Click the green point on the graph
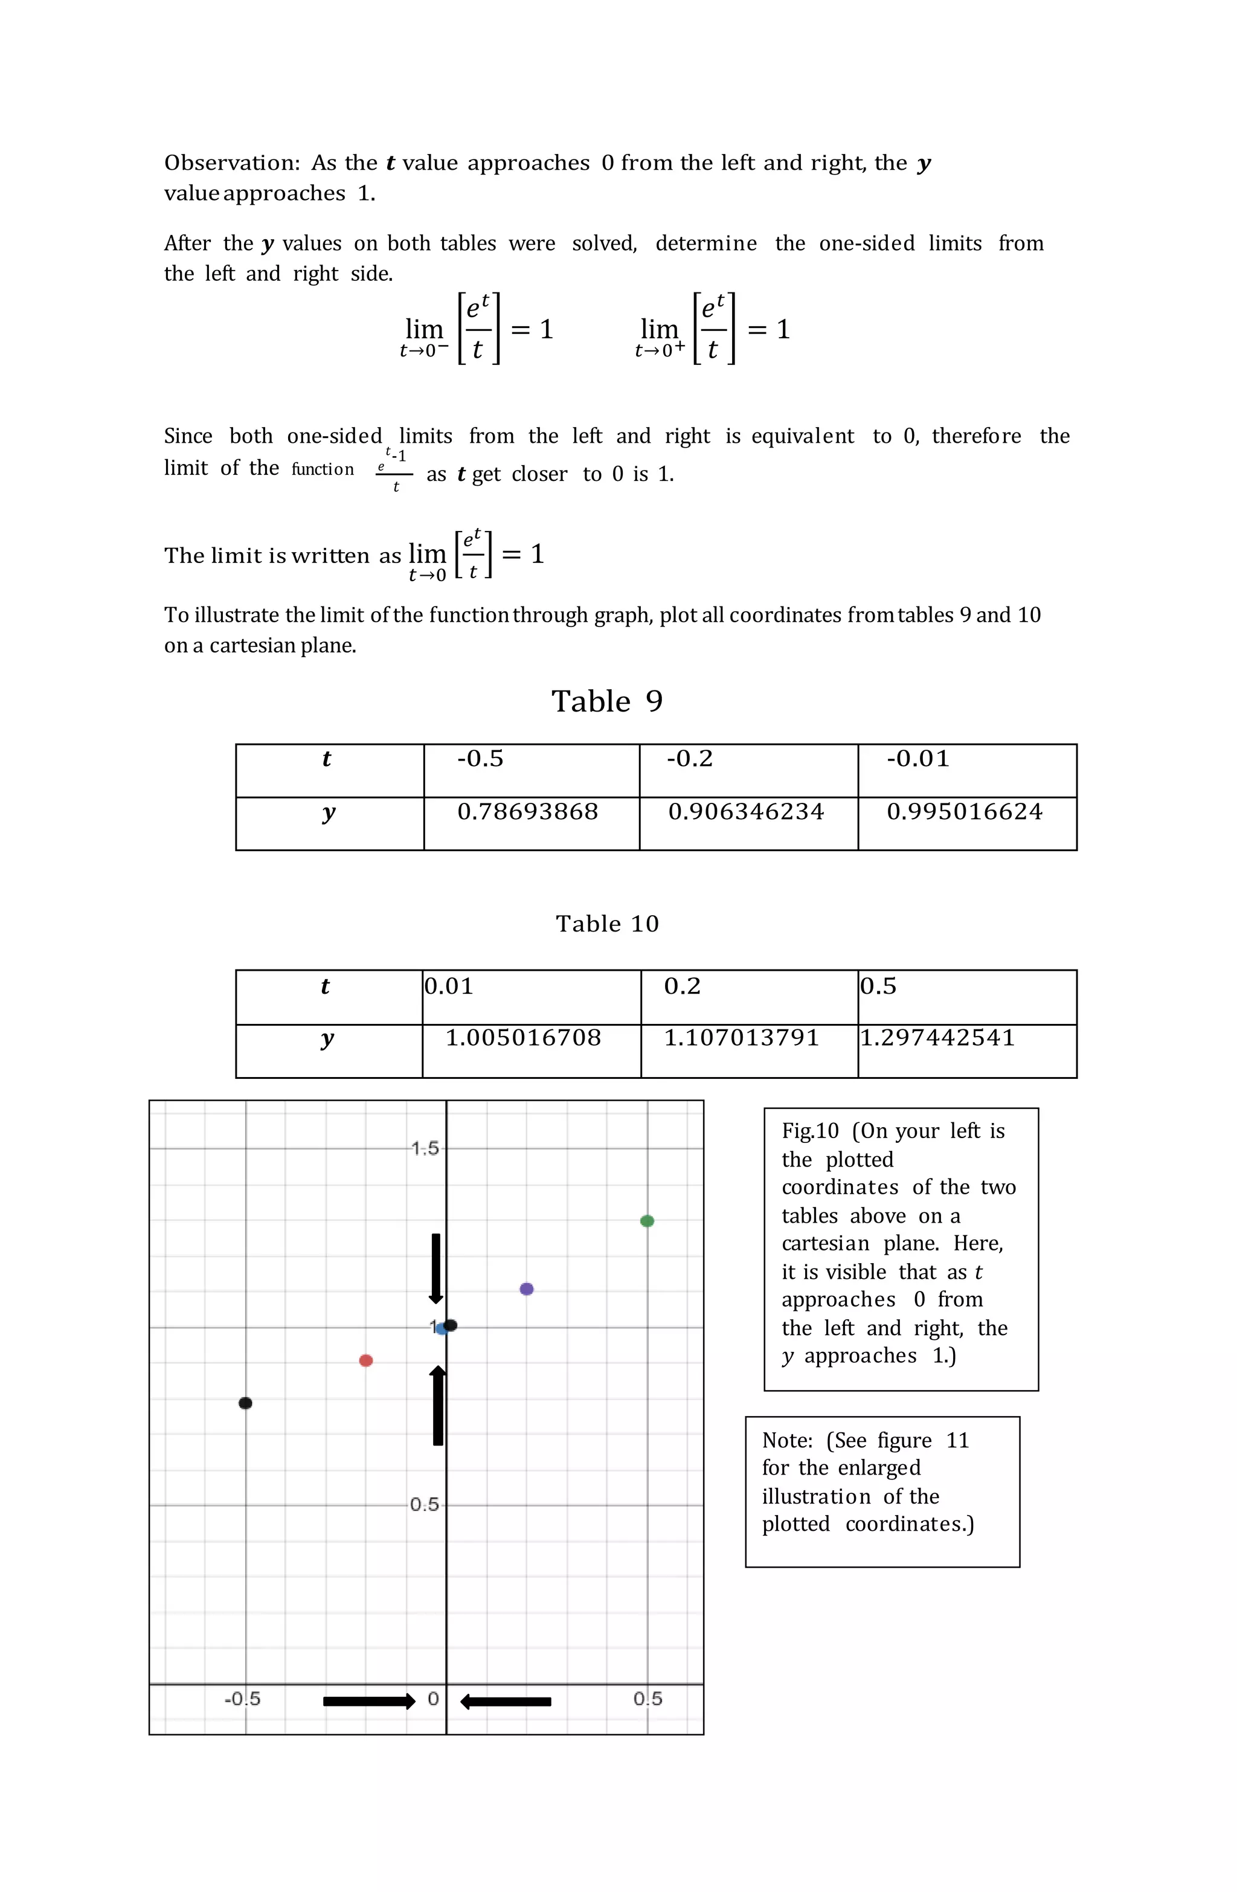646,1220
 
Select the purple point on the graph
526,1289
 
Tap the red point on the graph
365,1360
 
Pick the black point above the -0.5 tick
246,1403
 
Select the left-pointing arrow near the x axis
506,1701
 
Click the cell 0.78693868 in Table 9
528,812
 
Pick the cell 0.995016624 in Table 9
965,812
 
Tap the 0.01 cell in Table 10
449,986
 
